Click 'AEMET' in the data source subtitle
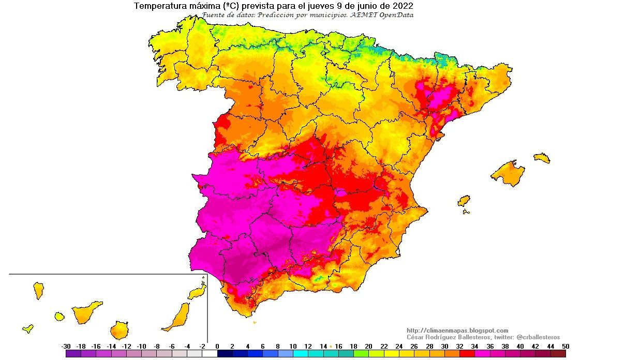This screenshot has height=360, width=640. click(x=367, y=15)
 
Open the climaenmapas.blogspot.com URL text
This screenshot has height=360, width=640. click(x=457, y=331)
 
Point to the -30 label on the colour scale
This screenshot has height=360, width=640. click(x=66, y=346)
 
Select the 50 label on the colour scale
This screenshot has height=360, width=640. click(x=565, y=346)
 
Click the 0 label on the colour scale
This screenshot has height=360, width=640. click(x=217, y=346)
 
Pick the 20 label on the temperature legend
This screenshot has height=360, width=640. click(x=368, y=346)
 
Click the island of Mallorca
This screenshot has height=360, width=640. click(x=508, y=174)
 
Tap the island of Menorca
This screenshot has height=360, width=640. click(x=542, y=158)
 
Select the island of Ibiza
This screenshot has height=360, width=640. click(x=464, y=201)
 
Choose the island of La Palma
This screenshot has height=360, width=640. click(x=38, y=290)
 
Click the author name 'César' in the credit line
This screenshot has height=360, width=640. click(x=416, y=337)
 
